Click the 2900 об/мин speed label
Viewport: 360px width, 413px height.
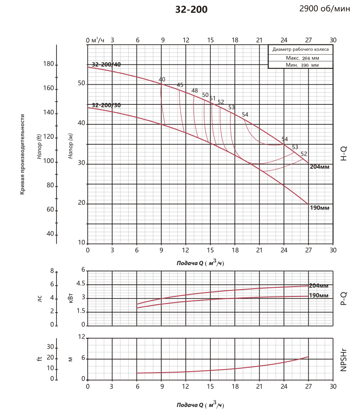pyautogui.click(x=324, y=9)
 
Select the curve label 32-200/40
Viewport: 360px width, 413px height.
pyautogui.click(x=107, y=65)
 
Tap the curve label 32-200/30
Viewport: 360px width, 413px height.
pyautogui.click(x=107, y=105)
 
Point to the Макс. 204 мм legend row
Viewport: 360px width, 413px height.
pyautogui.click(x=300, y=58)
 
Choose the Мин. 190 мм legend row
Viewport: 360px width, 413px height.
pyautogui.click(x=300, y=65)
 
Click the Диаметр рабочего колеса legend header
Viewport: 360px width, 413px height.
pyautogui.click(x=300, y=50)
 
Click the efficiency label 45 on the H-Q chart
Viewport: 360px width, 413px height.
pyautogui.click(x=180, y=85)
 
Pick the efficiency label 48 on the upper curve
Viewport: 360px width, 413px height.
pyautogui.click(x=194, y=91)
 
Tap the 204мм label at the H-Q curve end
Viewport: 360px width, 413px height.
pyautogui.click(x=320, y=167)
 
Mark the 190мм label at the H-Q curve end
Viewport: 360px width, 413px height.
pyautogui.click(x=320, y=208)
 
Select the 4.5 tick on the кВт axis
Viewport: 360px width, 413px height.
pyautogui.click(x=80, y=284)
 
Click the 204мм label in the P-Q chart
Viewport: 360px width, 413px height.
pyautogui.click(x=319, y=286)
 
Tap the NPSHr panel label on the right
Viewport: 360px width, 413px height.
pyautogui.click(x=343, y=359)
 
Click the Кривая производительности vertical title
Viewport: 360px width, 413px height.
pyautogui.click(x=22, y=154)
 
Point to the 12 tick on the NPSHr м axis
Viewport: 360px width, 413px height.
pyautogui.click(x=81, y=337)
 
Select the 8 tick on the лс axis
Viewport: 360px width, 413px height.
pyautogui.click(x=52, y=271)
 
